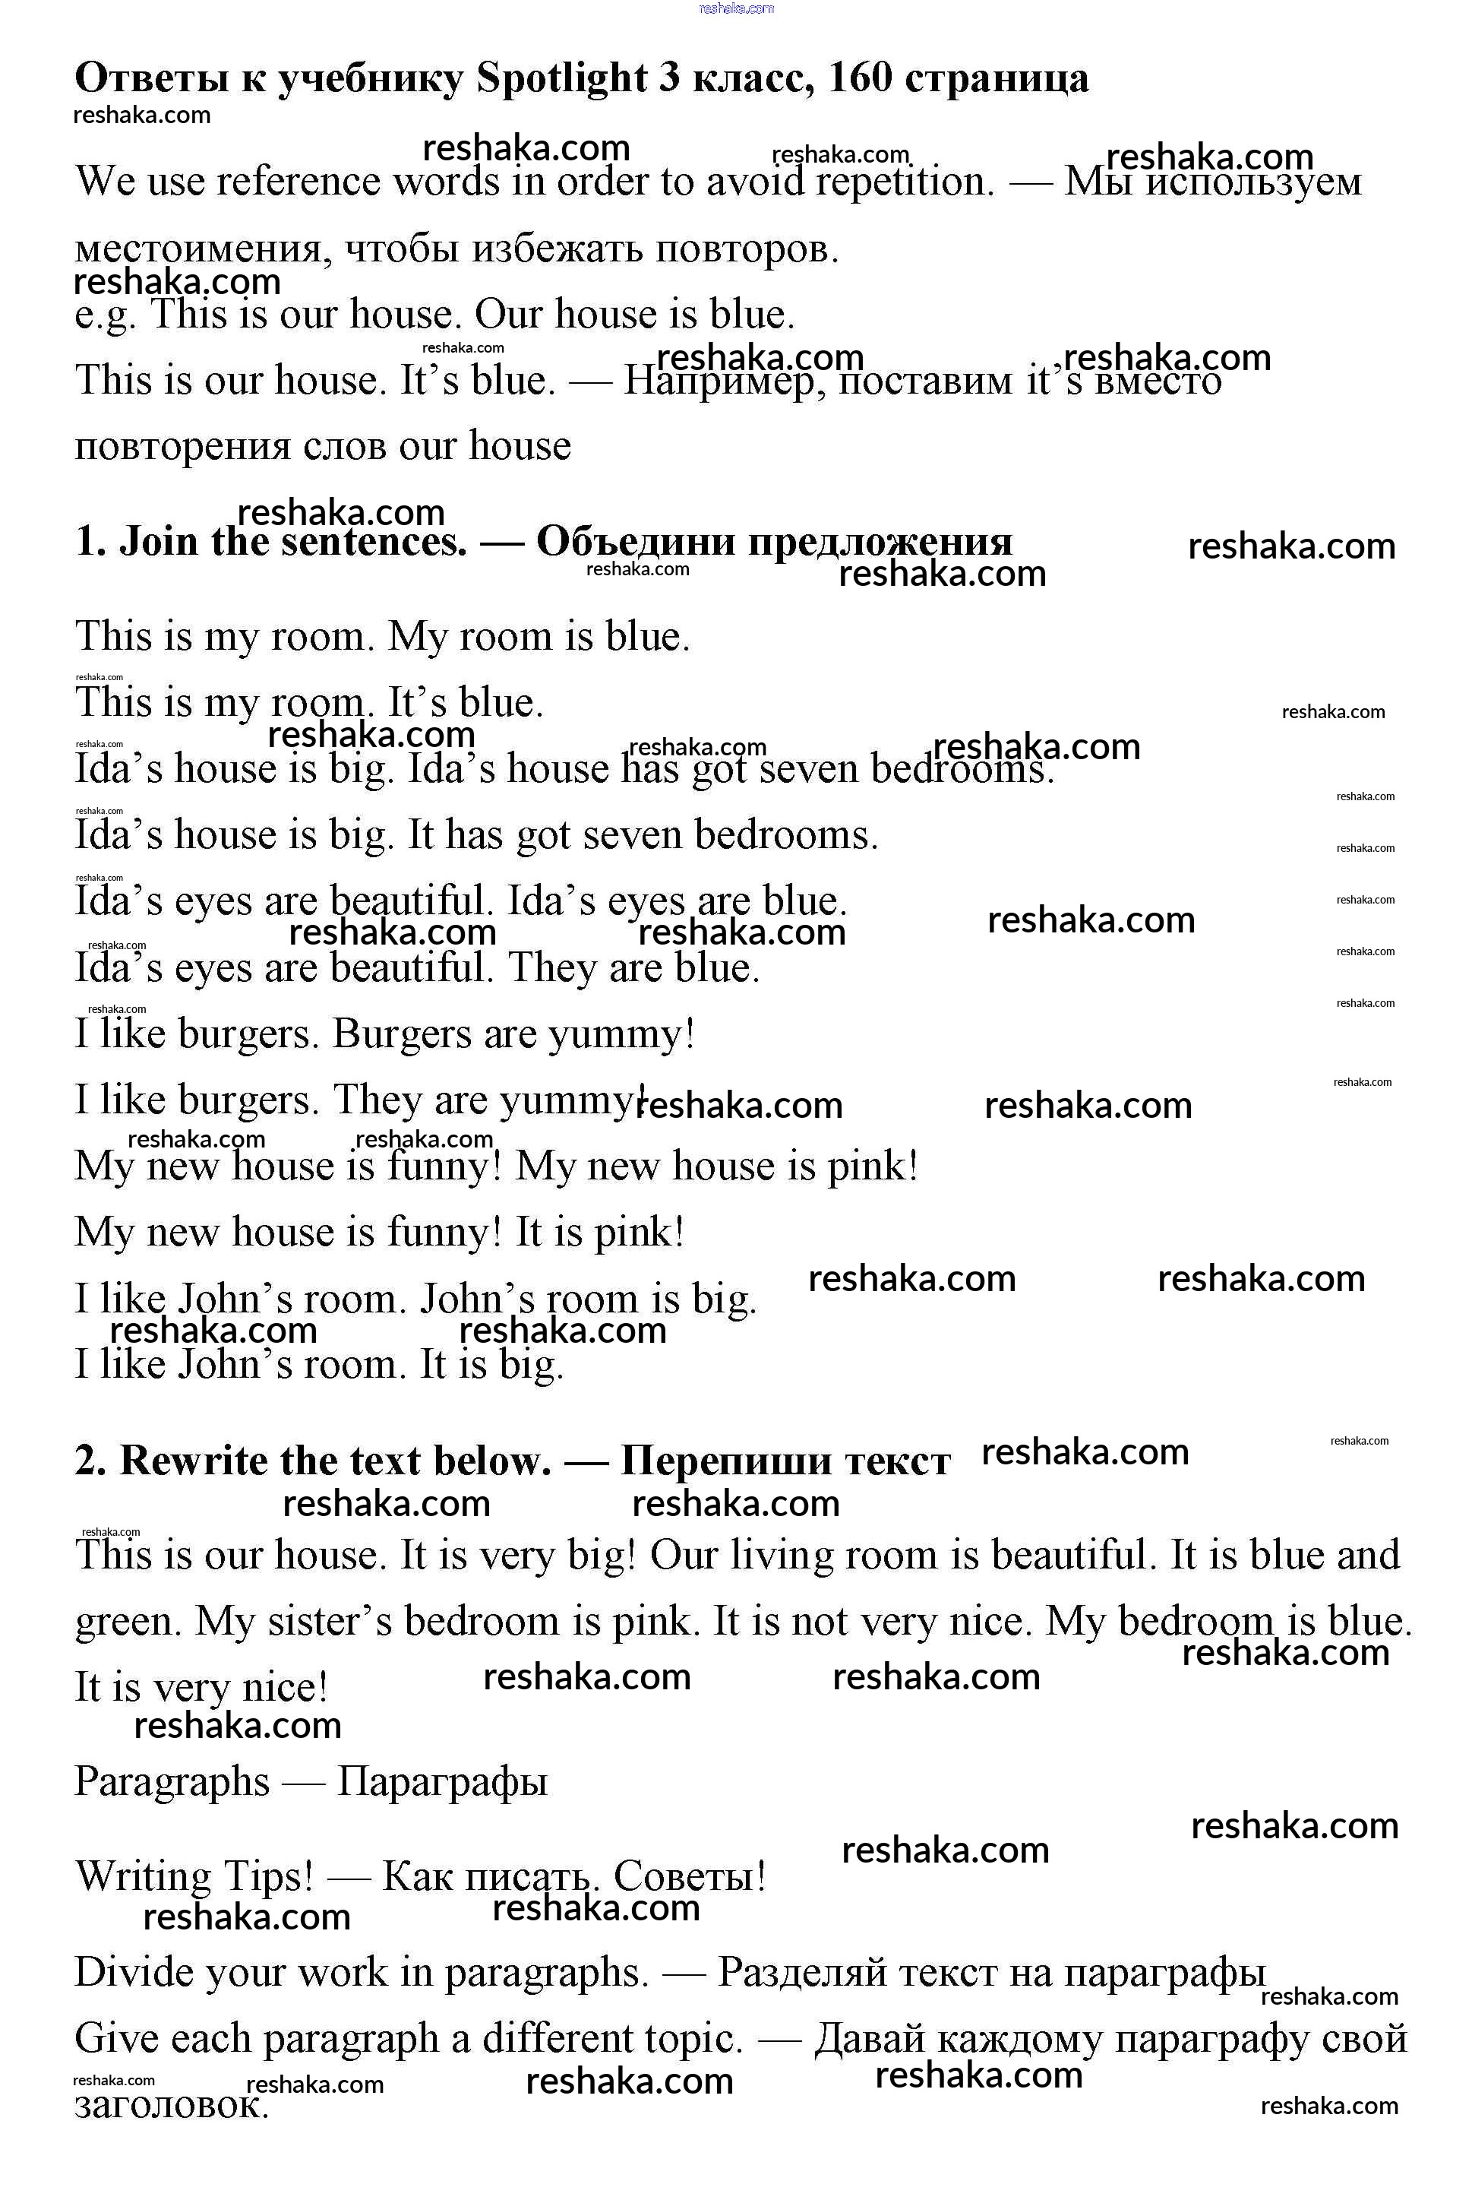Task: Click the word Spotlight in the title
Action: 561,79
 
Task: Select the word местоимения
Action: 203,248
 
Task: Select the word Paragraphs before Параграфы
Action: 172,1781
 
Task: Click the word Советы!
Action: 690,1876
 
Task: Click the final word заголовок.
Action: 171,2105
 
